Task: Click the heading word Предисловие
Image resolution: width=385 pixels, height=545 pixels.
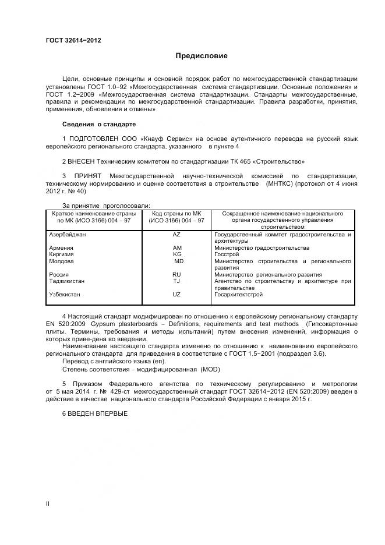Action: [202, 56]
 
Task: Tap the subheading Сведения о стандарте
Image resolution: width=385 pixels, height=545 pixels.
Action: [98, 125]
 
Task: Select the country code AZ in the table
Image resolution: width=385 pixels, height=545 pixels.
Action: [177, 235]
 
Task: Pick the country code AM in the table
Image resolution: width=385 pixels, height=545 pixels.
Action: [177, 247]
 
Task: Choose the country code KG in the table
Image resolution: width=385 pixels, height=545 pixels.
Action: [177, 254]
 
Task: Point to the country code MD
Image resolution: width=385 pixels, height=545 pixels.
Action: [178, 261]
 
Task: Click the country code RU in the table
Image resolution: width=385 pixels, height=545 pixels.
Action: [177, 274]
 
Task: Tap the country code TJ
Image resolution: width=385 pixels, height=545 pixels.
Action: [176, 281]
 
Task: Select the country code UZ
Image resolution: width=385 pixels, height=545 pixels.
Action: [177, 295]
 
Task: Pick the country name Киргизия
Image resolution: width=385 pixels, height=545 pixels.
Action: [63, 254]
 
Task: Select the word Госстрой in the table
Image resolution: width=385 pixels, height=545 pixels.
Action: [227, 254]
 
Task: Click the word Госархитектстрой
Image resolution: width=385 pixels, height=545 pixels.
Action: [239, 295]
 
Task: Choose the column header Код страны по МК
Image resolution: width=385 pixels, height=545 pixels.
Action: [176, 214]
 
